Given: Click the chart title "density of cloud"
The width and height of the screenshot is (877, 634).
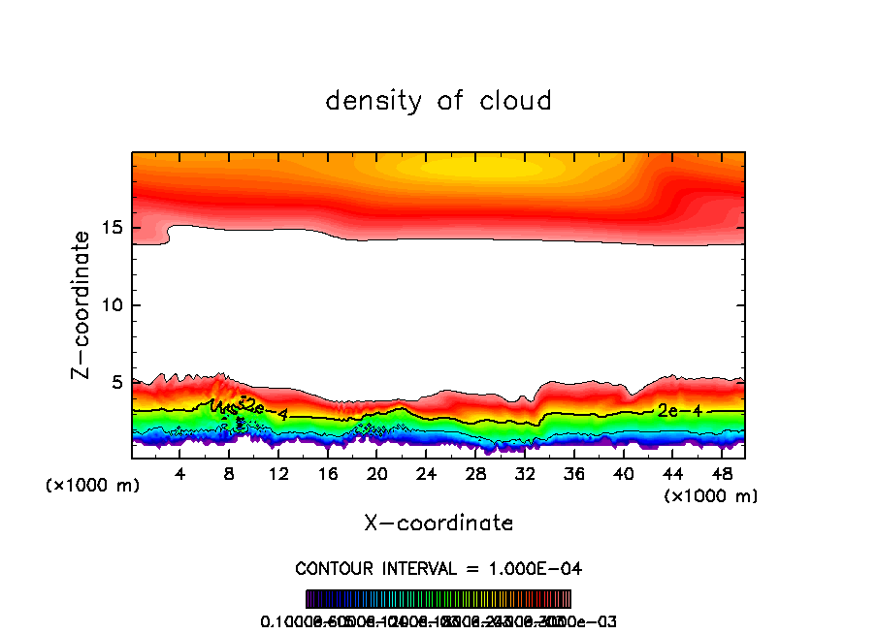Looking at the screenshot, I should tap(438, 101).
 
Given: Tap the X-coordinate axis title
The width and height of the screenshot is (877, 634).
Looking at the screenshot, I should tap(438, 523).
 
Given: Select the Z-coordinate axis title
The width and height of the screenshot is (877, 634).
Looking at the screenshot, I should tap(81, 304).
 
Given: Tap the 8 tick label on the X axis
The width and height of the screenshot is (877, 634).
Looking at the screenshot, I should tap(230, 474).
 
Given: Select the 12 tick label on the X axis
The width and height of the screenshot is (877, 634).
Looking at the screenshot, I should tap(278, 474).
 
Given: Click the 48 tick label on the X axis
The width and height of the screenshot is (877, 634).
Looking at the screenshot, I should tap(721, 474).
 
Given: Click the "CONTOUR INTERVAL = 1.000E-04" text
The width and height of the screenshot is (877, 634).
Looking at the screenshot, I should tap(438, 568).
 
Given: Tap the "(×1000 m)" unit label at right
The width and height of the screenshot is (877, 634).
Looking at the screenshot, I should tap(711, 496).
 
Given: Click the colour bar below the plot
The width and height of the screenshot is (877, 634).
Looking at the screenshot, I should tap(438, 599).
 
